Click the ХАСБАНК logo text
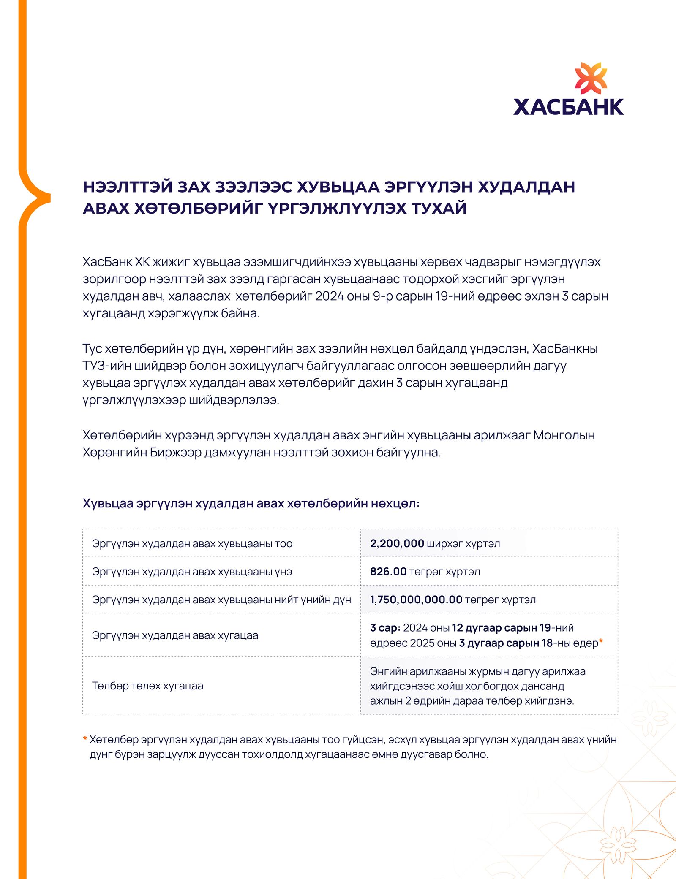click(x=568, y=107)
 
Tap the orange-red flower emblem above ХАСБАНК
click(x=591, y=79)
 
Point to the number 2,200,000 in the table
click(x=397, y=543)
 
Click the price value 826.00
click(x=388, y=572)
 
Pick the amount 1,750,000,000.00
click(x=416, y=600)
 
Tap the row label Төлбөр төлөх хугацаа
click(x=147, y=686)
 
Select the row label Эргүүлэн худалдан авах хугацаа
click(x=175, y=635)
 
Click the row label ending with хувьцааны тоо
click(x=192, y=543)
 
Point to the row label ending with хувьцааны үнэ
click(x=192, y=572)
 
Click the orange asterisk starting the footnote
click(x=85, y=739)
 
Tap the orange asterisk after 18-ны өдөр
click(x=601, y=642)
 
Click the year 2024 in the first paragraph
click(x=329, y=296)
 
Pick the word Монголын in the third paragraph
click(x=564, y=435)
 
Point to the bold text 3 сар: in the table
click(x=385, y=628)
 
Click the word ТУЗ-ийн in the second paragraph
click(x=106, y=366)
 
